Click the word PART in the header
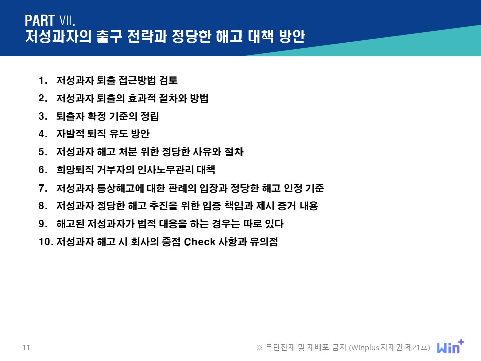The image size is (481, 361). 40,21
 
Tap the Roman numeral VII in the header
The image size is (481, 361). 67,21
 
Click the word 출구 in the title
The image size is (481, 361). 109,36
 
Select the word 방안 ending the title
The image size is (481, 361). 292,36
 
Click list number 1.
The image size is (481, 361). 42,80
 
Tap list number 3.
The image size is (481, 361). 42,116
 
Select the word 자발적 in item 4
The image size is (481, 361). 70,134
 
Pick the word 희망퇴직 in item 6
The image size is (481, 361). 75,170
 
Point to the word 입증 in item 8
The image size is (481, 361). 212,206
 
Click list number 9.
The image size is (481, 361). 42,224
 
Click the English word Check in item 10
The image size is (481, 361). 200,242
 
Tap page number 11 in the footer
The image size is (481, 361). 26,348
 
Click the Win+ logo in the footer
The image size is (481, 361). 450,346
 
